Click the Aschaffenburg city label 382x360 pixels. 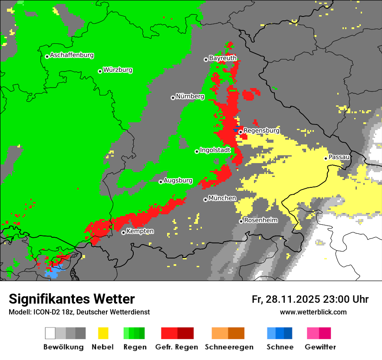click(72, 55)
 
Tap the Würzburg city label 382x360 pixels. click(118, 70)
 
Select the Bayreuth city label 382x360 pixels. click(223, 58)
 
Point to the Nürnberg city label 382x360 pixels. click(190, 96)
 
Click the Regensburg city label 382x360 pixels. click(261, 130)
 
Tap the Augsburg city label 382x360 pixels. click(178, 180)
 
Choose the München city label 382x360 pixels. click(222, 198)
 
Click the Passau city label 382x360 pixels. click(339, 157)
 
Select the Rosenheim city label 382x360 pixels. click(260, 220)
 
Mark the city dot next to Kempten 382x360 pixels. click(123, 232)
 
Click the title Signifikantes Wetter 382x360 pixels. click(72, 299)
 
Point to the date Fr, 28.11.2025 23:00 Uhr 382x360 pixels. click(310, 299)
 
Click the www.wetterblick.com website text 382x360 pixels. click(313, 312)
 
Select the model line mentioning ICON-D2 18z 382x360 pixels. click(79, 312)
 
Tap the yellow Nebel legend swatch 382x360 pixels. click(103, 333)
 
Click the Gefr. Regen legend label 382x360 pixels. click(177, 347)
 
